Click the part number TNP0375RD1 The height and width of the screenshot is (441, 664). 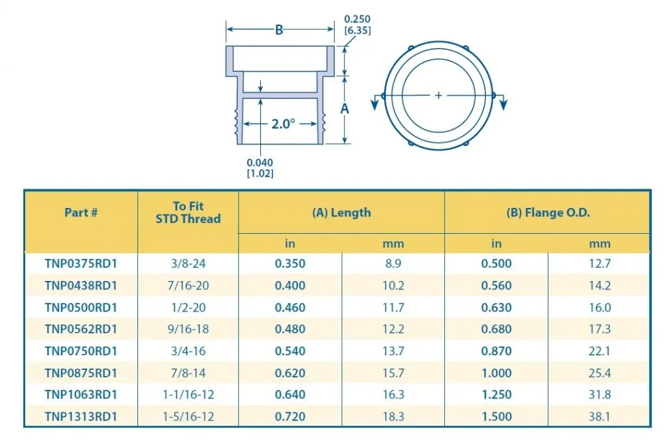81,264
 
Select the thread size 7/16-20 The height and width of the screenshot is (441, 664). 188,286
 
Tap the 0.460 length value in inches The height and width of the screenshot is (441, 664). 290,308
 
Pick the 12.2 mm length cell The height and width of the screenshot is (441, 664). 393,329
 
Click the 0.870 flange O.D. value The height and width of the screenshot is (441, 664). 496,351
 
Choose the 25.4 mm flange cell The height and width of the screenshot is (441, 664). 600,373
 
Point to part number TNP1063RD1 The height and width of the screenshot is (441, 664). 81,395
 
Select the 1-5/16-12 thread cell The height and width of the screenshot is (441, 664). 188,417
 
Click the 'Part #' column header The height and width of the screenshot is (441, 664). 81,213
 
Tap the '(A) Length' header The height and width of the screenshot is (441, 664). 341,213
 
